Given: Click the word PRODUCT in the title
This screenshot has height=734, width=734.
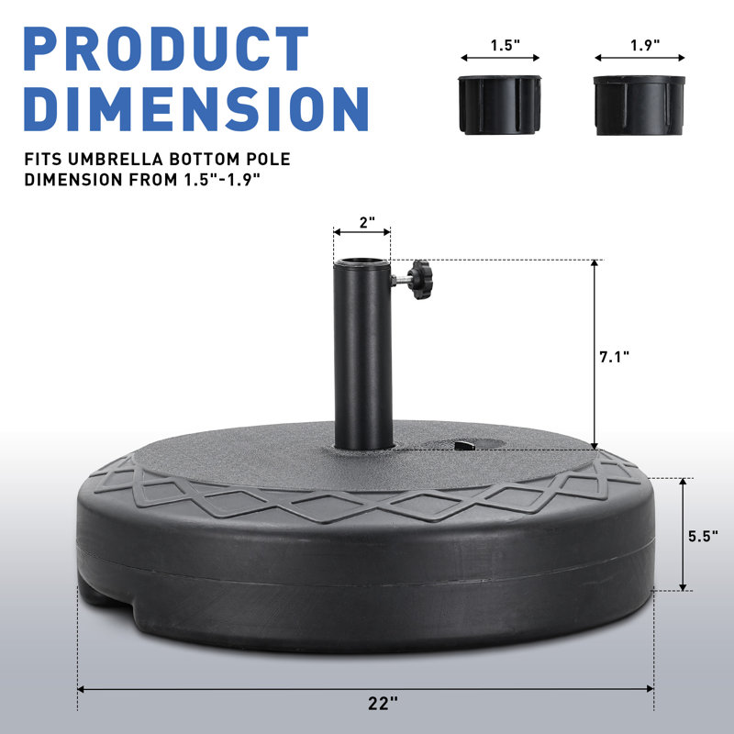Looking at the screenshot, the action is pyautogui.click(x=166, y=49).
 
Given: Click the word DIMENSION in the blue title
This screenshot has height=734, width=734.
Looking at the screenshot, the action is pyautogui.click(x=196, y=108).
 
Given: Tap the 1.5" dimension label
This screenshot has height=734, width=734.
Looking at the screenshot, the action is pyautogui.click(x=506, y=45).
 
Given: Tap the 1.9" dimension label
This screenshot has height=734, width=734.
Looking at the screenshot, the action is pyautogui.click(x=645, y=45).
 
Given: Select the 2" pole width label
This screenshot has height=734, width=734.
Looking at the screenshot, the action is pyautogui.click(x=368, y=222).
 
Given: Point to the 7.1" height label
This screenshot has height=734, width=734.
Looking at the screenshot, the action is pyautogui.click(x=614, y=357).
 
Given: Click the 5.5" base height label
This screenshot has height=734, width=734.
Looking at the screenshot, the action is pyautogui.click(x=703, y=536).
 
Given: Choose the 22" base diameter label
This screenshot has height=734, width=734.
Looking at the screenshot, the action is pyautogui.click(x=383, y=703).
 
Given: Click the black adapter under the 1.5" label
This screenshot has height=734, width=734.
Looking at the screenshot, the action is pyautogui.click(x=500, y=105).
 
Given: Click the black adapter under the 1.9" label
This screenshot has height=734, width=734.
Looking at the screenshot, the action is pyautogui.click(x=639, y=106).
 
